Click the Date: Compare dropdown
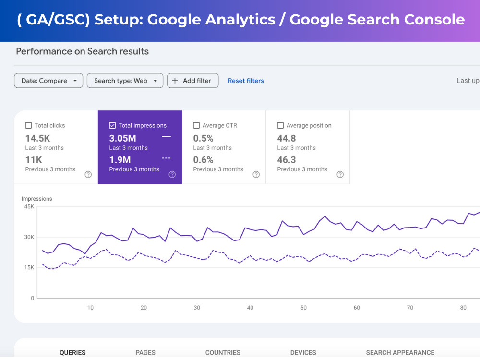click(x=48, y=81)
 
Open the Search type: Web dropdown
click(x=125, y=81)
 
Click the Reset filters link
click(x=246, y=81)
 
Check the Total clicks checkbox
click(x=28, y=125)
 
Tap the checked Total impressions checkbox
click(x=112, y=125)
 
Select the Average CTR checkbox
click(x=196, y=125)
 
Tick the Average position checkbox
click(x=280, y=125)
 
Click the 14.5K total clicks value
click(x=37, y=138)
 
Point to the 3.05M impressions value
click(x=123, y=138)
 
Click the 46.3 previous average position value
click(x=287, y=160)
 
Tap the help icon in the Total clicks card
click(x=88, y=175)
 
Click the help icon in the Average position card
click(x=340, y=175)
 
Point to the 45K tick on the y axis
click(x=29, y=206)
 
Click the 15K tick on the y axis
click(x=29, y=267)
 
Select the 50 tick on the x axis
click(x=303, y=308)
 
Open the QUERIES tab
click(x=72, y=353)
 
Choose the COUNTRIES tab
click(x=223, y=353)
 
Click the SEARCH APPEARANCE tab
click(x=400, y=353)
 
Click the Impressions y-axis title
click(x=37, y=199)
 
